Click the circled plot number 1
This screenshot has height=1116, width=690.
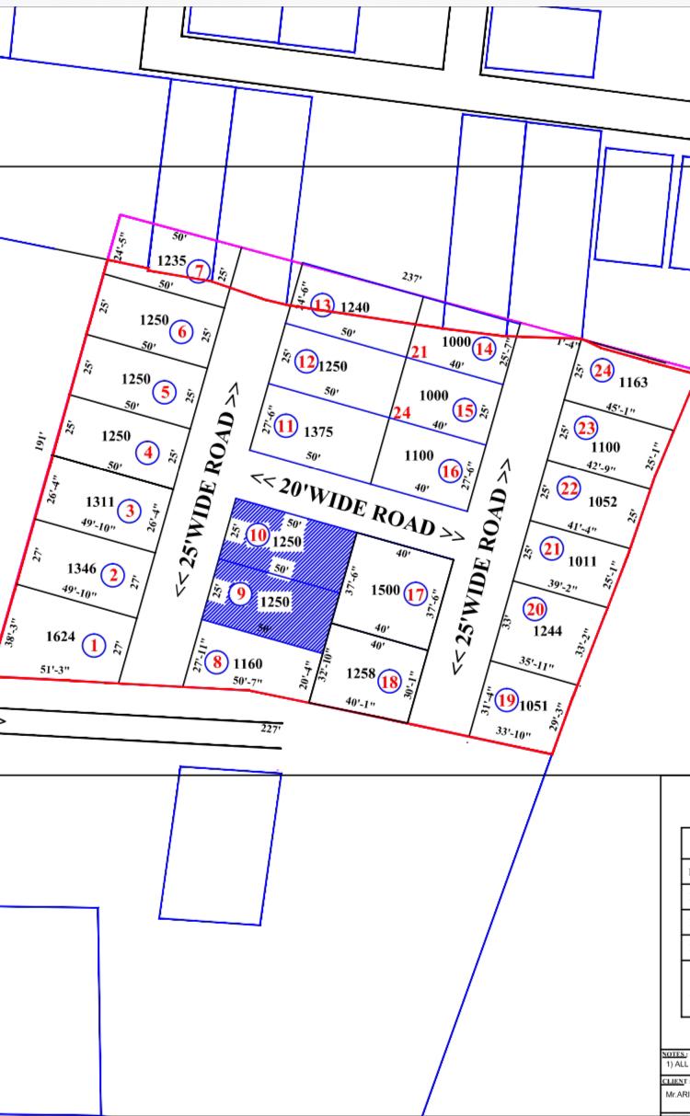point(93,645)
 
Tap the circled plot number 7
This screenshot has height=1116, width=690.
point(200,272)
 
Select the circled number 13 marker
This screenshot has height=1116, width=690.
point(321,305)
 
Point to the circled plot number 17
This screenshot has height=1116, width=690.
point(415,594)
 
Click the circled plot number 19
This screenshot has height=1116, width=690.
point(506,700)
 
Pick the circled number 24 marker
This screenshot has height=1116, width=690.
point(602,371)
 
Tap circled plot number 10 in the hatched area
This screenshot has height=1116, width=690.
point(259,535)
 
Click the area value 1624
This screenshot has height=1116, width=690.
point(60,637)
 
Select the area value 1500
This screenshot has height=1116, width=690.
point(385,590)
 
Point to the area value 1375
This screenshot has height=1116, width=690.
point(317,432)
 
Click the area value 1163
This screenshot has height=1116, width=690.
point(633,382)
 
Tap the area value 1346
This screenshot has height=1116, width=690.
point(81,570)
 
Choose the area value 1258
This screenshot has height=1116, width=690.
point(361,673)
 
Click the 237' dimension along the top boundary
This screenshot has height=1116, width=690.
point(410,276)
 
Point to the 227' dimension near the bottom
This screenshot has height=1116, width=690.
point(270,728)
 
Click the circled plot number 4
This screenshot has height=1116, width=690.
point(147,453)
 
